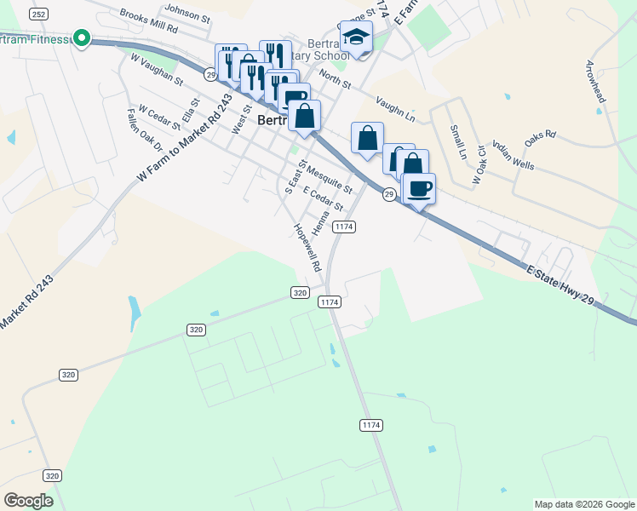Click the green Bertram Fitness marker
82,37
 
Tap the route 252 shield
37,14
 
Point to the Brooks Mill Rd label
148,22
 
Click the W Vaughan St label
157,69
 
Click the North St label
335,80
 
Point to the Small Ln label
457,142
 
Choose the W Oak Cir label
479,169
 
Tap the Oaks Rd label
540,135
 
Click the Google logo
28,501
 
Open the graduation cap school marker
356,37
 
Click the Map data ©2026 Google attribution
583,504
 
